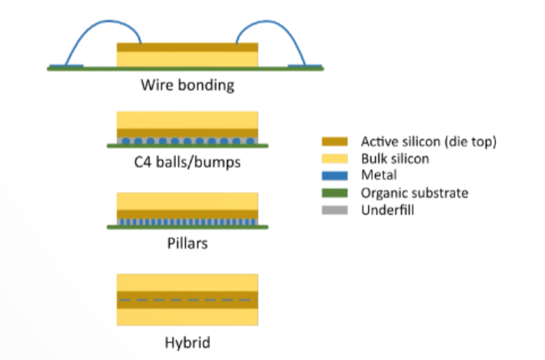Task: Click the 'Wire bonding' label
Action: click(187, 84)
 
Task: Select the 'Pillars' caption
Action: click(187, 245)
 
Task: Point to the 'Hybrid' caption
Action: click(187, 342)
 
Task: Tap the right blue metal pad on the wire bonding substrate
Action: click(306, 66)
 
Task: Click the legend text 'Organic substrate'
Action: click(414, 192)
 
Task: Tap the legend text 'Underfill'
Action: click(387, 209)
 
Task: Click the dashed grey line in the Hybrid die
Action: click(187, 299)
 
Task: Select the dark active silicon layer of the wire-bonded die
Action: click(187, 47)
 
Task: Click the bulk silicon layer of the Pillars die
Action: click(187, 200)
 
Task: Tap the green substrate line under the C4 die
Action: click(187, 146)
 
